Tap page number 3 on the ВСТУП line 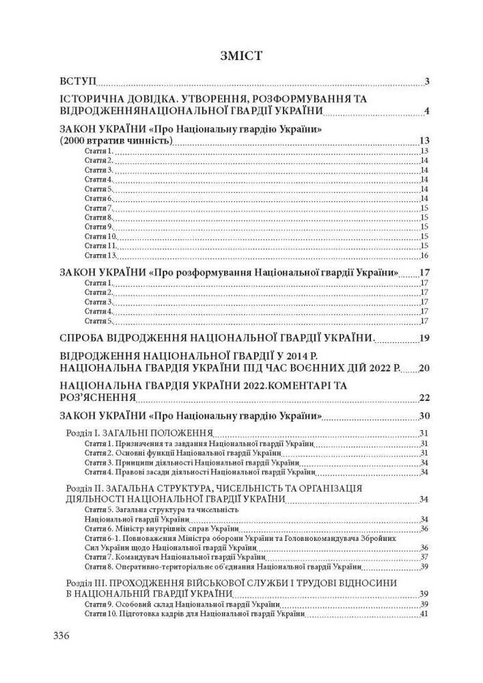click(x=426, y=83)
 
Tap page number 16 click(x=424, y=255)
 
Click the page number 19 click(x=423, y=337)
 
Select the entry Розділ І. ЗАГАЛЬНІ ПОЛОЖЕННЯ click(x=138, y=433)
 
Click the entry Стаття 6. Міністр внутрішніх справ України click(x=161, y=528)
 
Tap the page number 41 click(x=424, y=614)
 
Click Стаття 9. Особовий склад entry click(x=182, y=604)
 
